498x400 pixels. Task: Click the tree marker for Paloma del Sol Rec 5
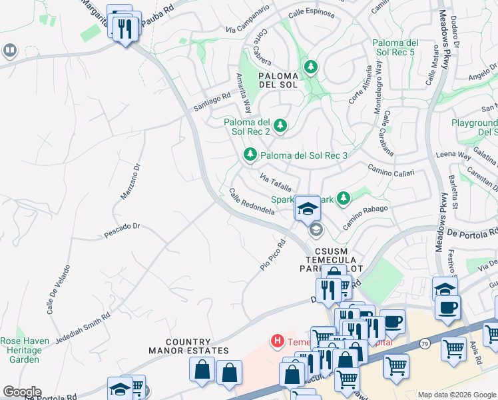(x=310, y=67)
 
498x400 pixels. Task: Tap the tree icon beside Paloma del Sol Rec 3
(x=250, y=155)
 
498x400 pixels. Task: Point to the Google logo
(x=22, y=392)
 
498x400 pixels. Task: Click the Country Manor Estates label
(x=188, y=346)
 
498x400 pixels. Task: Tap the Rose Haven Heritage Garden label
(x=25, y=350)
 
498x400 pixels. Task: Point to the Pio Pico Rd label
(x=272, y=256)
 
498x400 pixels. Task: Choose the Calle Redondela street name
(x=252, y=202)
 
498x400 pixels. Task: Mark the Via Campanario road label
(x=248, y=19)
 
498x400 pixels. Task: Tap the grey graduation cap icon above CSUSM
(x=316, y=231)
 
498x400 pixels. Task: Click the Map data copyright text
(x=456, y=395)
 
